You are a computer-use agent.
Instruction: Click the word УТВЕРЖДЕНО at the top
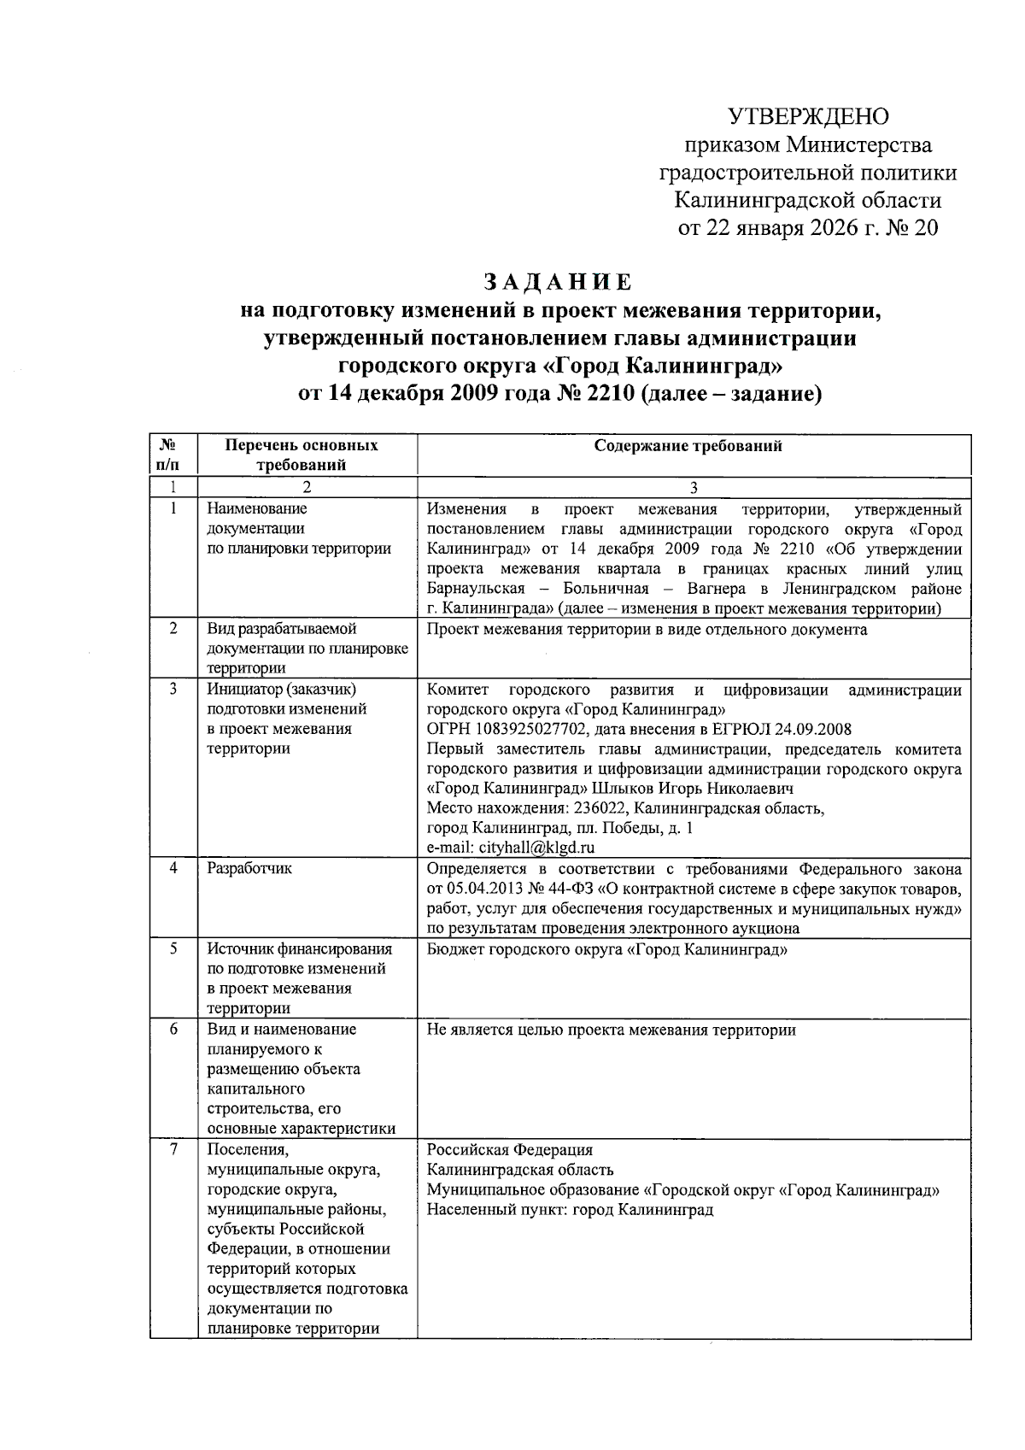coord(807,116)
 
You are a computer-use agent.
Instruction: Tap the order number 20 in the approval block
coord(925,229)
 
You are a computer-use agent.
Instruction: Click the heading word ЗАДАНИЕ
coord(558,282)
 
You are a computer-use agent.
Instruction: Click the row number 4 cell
coord(173,868)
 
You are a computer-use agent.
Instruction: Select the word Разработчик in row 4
coord(249,868)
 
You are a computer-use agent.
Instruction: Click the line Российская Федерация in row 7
coord(509,1150)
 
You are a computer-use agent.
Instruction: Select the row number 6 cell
coord(173,1030)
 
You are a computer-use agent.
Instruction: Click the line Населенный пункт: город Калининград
coord(570,1210)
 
